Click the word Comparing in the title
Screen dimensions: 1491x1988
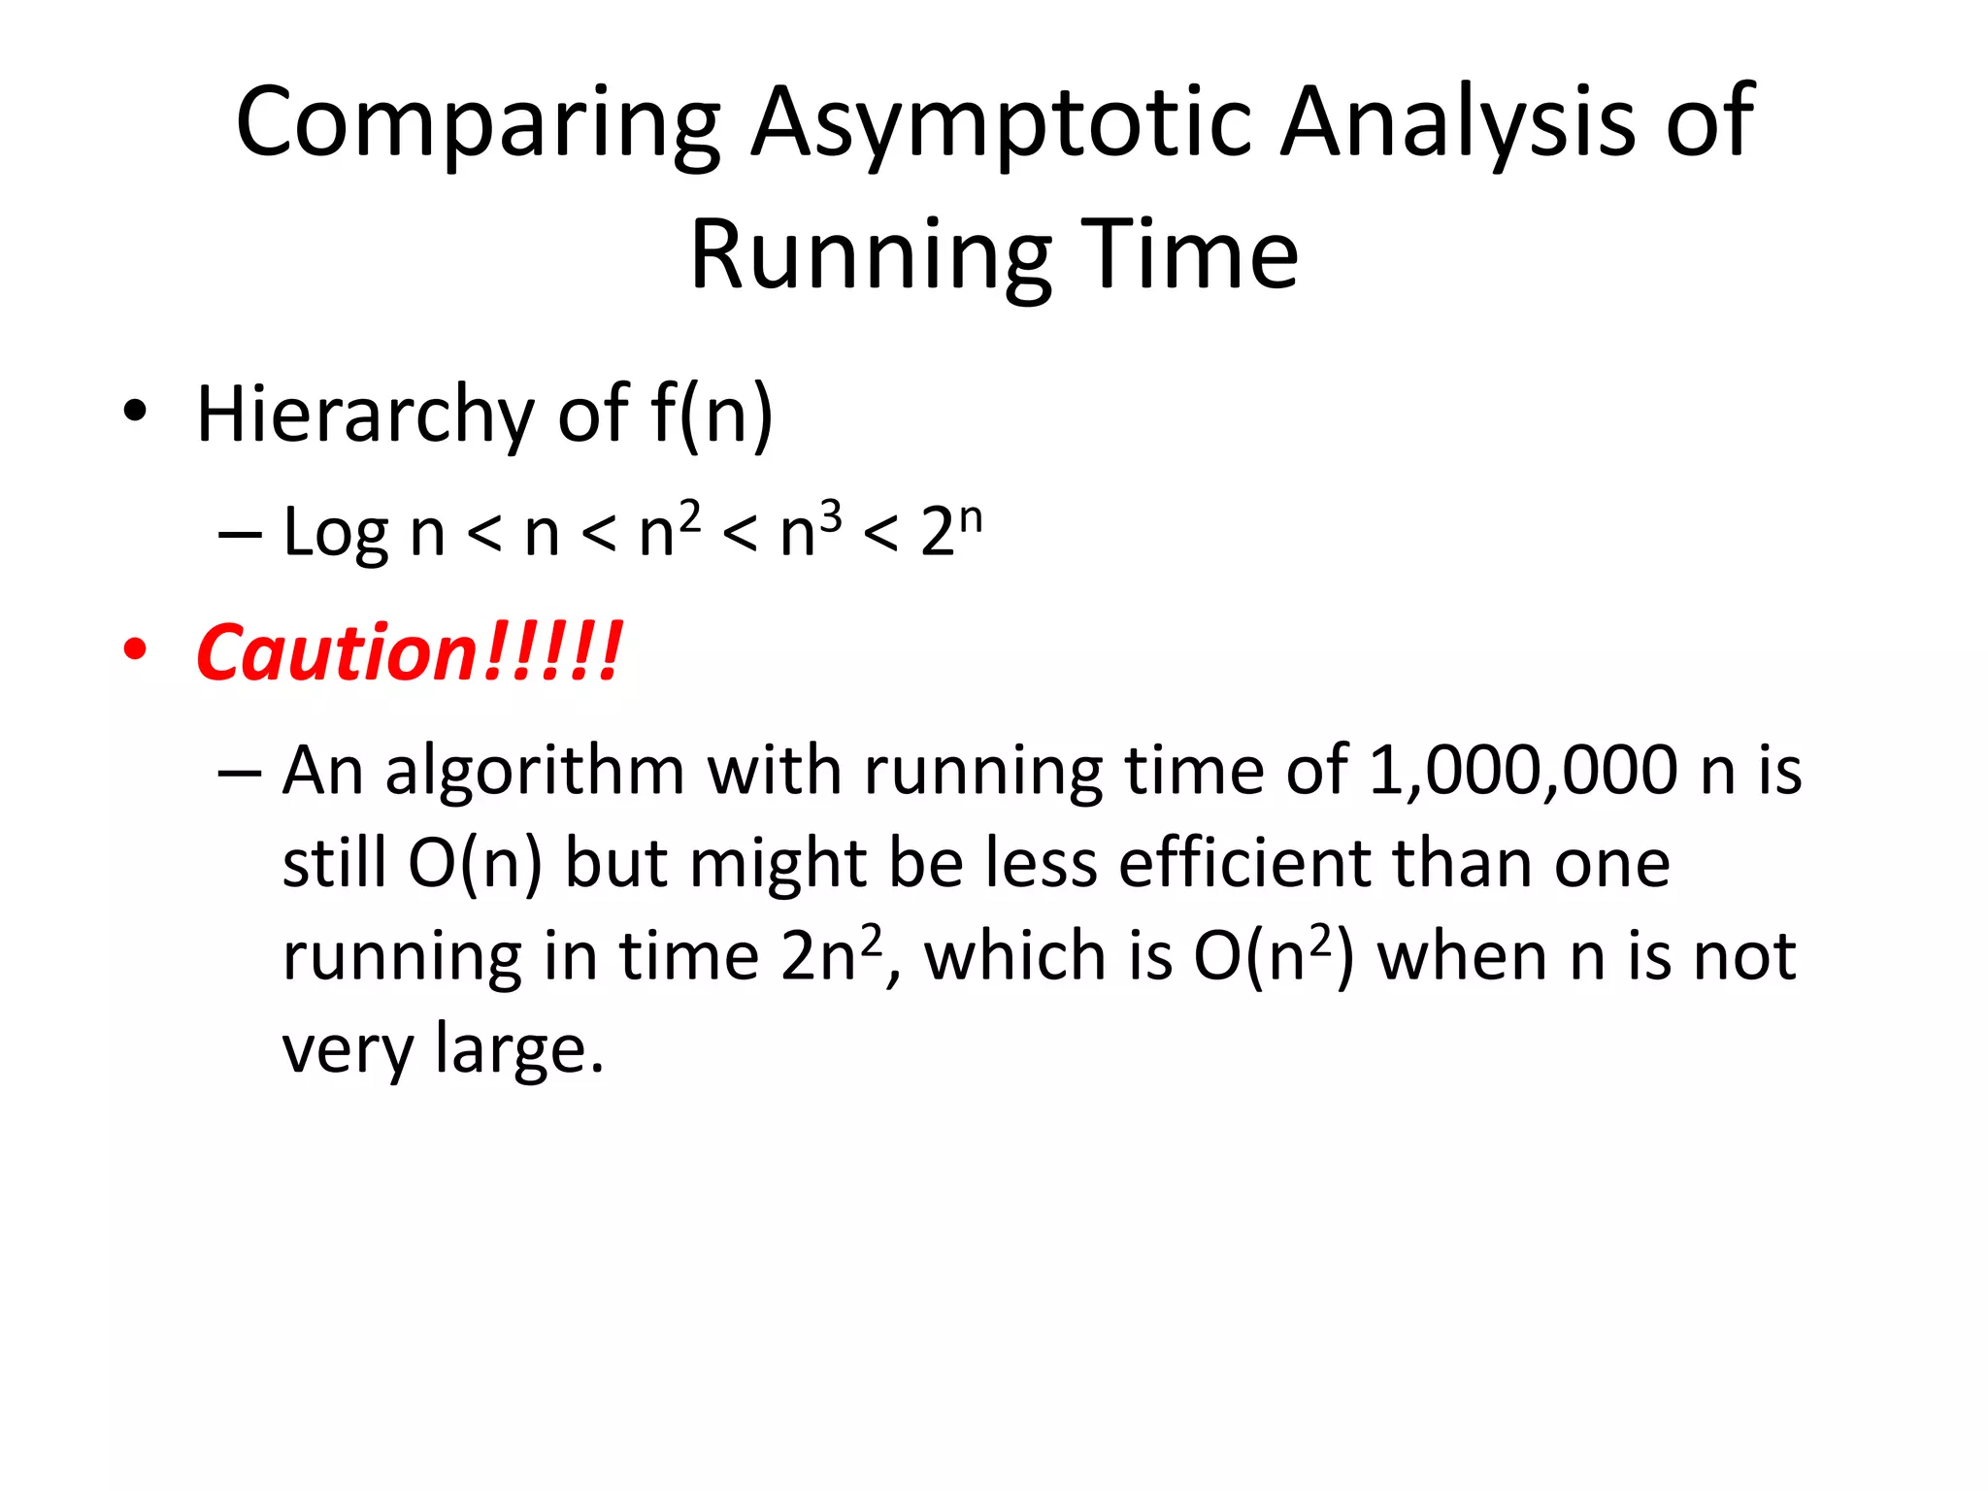click(478, 123)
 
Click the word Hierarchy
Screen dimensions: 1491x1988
click(365, 415)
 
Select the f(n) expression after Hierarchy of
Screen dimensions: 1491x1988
click(712, 414)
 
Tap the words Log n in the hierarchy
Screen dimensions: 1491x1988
click(363, 533)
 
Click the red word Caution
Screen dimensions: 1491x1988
click(335, 653)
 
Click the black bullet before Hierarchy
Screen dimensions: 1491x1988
click(135, 412)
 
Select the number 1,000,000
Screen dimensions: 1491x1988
click(1522, 771)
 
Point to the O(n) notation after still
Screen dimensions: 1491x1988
click(475, 863)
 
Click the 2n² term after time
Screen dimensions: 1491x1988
click(832, 955)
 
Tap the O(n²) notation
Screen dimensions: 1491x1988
click(1273, 955)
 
